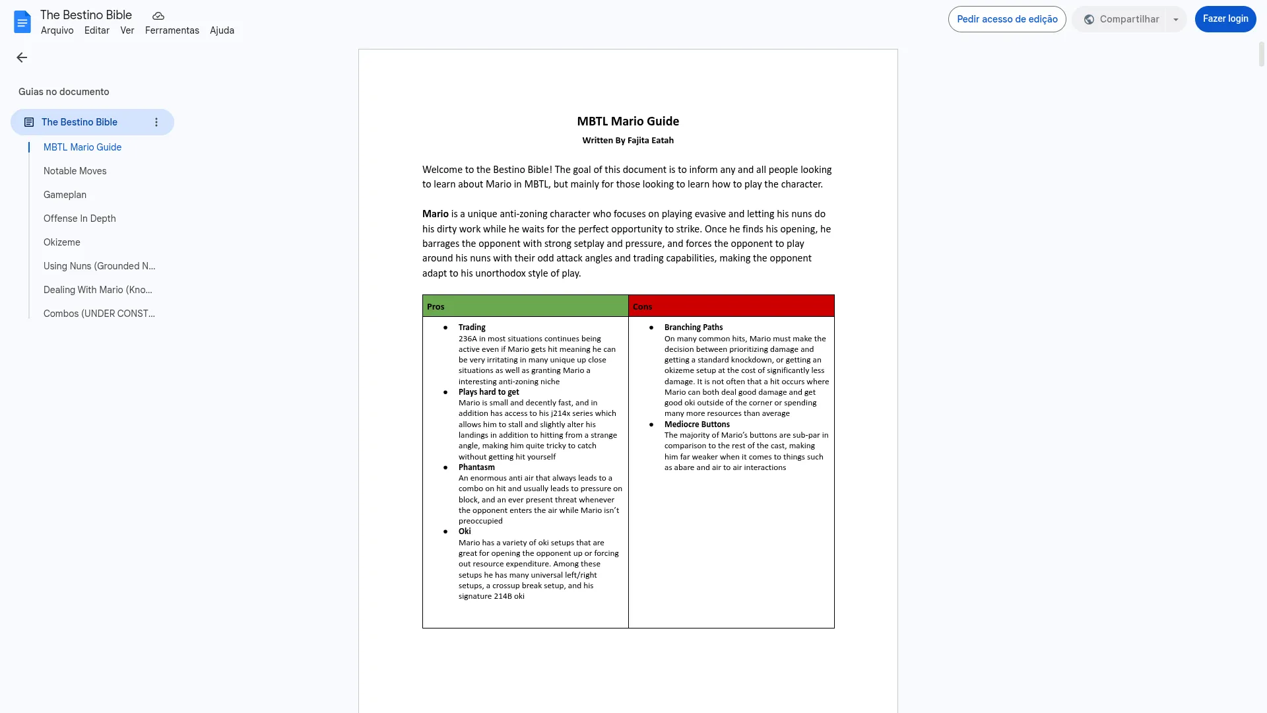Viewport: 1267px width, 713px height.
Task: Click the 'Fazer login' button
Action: [1225, 19]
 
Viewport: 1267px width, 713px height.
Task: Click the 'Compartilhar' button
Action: [1121, 19]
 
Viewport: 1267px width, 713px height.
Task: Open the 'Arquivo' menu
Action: [57, 30]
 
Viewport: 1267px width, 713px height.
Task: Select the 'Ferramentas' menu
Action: [172, 30]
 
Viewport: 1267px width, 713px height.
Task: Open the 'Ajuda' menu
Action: [222, 30]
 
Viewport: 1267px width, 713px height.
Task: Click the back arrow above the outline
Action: [22, 58]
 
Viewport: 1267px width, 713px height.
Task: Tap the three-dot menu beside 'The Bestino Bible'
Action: [156, 122]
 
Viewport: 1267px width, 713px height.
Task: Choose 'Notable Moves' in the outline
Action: [75, 171]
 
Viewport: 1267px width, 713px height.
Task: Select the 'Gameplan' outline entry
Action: [65, 195]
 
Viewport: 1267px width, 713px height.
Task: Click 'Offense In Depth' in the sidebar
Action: [79, 219]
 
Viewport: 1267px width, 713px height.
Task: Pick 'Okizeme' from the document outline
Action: [61, 242]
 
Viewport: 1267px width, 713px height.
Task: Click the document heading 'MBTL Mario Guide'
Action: [628, 121]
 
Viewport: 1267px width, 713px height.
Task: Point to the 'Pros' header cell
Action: [525, 306]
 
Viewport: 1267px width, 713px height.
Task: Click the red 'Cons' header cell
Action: [731, 306]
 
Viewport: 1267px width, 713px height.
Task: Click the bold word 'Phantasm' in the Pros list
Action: [476, 467]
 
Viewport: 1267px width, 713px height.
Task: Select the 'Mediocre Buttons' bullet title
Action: [697, 424]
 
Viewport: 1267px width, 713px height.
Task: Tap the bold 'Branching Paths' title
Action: [693, 327]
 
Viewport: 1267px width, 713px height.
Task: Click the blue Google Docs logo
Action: [22, 22]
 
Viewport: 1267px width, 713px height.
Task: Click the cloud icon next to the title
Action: [158, 16]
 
